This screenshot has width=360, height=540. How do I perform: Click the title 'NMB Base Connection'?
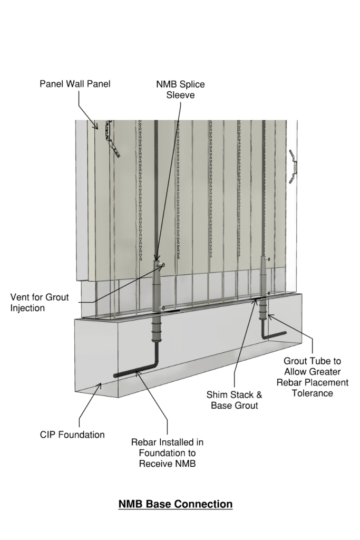(x=176, y=504)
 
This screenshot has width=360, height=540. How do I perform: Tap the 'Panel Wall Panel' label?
(x=75, y=84)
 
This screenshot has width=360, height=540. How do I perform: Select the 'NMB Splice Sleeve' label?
(x=180, y=90)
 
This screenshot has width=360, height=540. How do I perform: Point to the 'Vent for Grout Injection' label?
(x=40, y=302)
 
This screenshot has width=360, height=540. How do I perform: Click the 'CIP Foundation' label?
(x=72, y=435)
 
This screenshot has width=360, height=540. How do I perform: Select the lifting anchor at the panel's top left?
(x=112, y=138)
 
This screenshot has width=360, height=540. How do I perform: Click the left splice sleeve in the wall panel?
(x=157, y=285)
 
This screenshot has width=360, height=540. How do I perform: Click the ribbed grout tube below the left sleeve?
(x=158, y=330)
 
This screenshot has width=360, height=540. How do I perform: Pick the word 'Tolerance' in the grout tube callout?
(x=313, y=392)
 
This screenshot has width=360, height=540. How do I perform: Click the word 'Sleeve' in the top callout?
(x=180, y=95)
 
